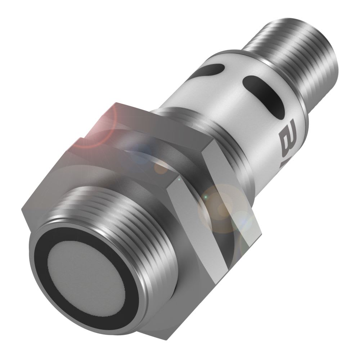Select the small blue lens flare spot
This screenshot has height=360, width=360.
[142, 151]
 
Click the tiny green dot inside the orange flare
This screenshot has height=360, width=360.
[206, 198]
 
